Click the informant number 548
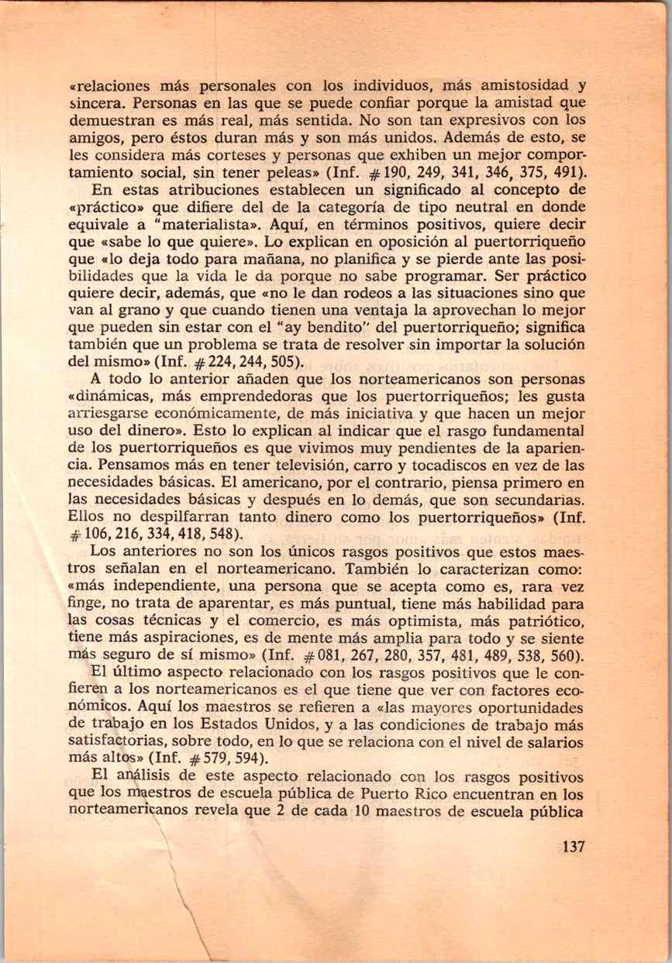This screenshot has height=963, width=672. (x=219, y=535)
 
